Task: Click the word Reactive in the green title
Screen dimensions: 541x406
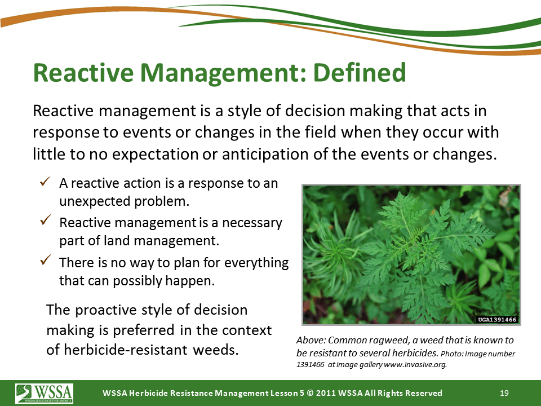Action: [83, 73]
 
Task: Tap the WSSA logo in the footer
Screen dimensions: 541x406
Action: [44, 393]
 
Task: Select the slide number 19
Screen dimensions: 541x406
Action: [504, 393]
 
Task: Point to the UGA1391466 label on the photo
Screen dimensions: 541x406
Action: [497, 320]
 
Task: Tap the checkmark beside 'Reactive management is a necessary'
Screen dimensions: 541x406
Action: [45, 220]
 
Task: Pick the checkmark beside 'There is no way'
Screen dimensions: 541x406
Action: [45, 259]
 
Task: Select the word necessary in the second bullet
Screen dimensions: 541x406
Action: [252, 223]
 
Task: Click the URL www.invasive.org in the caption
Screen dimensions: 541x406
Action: [415, 365]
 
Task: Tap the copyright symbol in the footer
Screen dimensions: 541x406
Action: [310, 393]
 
